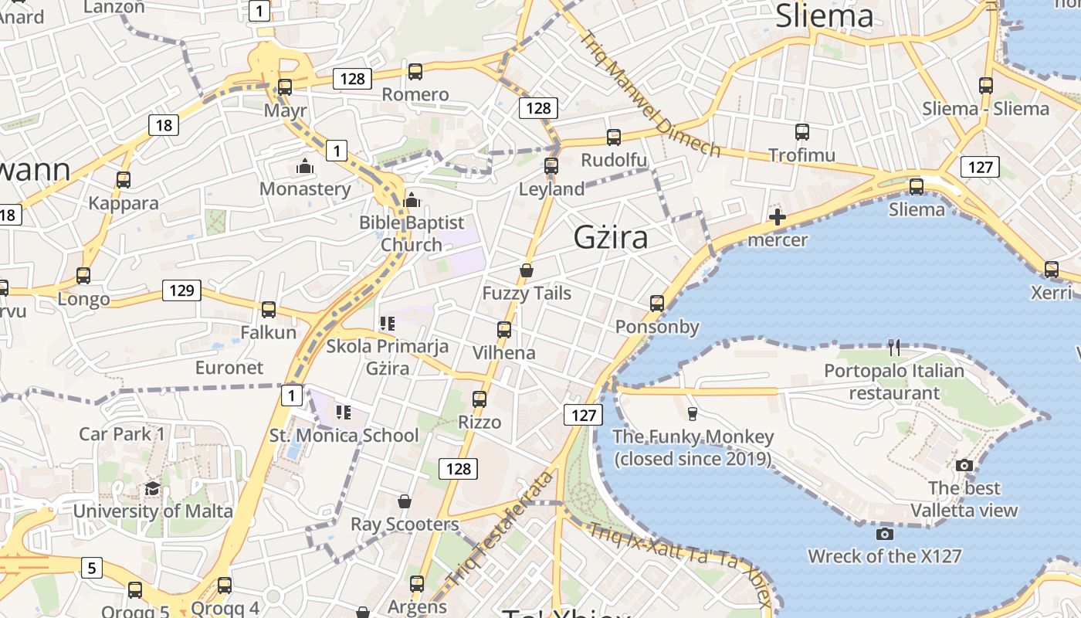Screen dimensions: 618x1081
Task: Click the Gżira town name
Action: [610, 238]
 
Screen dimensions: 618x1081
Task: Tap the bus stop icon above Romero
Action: [415, 72]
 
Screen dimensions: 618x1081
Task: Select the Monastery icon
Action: [305, 166]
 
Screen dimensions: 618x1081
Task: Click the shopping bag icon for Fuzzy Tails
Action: [527, 270]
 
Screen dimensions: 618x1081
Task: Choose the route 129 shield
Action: [181, 290]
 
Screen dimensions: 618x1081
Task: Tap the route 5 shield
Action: [92, 569]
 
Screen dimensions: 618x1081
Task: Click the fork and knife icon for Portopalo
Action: [894, 347]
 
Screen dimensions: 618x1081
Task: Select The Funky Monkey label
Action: [693, 447]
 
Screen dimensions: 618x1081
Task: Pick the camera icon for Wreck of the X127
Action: [885, 534]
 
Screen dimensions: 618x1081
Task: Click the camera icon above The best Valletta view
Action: [964, 465]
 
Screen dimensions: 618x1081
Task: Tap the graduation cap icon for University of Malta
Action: [153, 488]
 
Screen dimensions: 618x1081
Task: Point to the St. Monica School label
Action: [344, 435]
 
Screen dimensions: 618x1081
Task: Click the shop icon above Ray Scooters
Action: [404, 501]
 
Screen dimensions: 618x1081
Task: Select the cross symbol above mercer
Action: [778, 217]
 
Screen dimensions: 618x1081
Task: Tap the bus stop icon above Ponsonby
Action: [657, 304]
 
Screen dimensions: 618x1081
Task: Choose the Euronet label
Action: [229, 367]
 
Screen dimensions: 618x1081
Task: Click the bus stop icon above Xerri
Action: [1052, 270]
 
